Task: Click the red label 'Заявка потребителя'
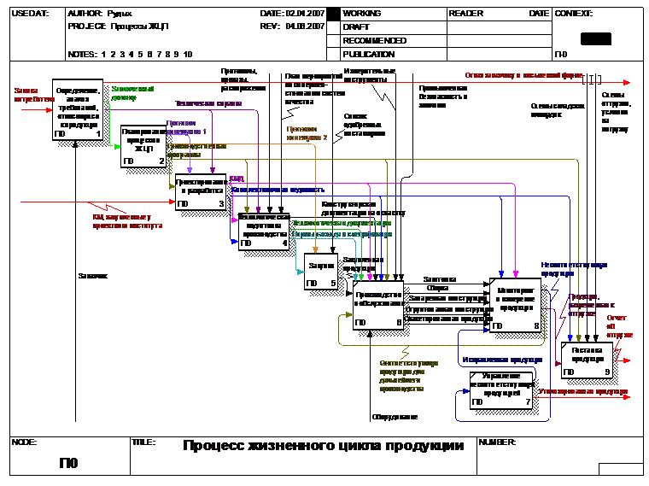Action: point(32,94)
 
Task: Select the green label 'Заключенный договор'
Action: point(132,92)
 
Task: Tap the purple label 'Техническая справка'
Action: point(208,103)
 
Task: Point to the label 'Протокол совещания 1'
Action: point(186,127)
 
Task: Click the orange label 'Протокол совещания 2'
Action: point(307,132)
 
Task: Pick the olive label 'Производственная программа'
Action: point(196,150)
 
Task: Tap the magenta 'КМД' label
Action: point(237,179)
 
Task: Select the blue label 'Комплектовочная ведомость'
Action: point(278,190)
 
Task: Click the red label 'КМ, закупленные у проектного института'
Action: point(127,221)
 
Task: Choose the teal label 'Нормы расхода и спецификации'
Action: point(342,234)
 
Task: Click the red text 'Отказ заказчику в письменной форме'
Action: point(523,75)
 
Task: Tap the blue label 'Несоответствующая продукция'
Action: point(573,269)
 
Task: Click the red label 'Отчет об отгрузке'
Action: point(620,326)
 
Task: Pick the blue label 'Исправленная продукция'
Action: point(501,360)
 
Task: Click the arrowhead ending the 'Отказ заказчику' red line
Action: point(627,83)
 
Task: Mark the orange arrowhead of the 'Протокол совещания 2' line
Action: point(315,251)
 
